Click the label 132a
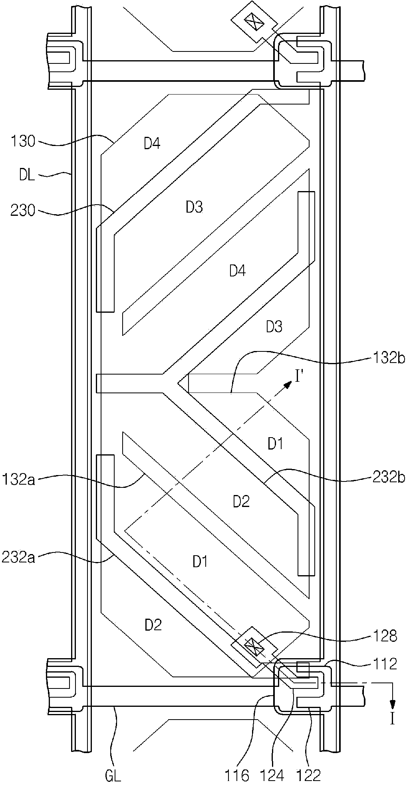[x=19, y=479]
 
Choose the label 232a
[x=19, y=557]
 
